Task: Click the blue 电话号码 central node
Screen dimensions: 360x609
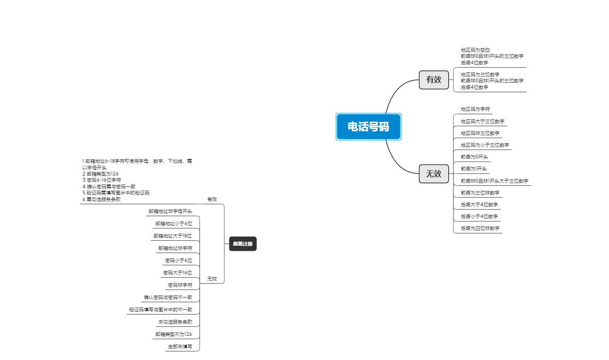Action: click(x=368, y=127)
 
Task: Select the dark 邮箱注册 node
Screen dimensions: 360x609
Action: click(x=243, y=244)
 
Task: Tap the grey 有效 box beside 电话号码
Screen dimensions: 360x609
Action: click(x=434, y=80)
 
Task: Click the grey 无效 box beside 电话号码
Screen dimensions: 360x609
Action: click(x=434, y=174)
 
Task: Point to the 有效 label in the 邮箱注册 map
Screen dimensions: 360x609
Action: click(x=212, y=200)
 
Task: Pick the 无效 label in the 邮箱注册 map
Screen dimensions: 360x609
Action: click(x=212, y=279)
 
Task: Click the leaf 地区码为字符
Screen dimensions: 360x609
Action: click(x=475, y=109)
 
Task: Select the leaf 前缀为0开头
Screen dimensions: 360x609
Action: click(x=474, y=157)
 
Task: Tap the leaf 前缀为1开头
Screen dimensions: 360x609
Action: click(x=474, y=169)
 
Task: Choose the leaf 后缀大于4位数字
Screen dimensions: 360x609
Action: click(x=479, y=205)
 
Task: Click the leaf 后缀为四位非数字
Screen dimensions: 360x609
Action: click(x=480, y=228)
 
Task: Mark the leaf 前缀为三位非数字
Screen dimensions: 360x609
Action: click(x=480, y=193)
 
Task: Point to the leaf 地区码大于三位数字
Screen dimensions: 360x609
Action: click(x=483, y=122)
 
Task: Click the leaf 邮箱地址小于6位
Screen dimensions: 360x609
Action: click(x=174, y=223)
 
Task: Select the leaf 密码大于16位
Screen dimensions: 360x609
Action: click(x=178, y=273)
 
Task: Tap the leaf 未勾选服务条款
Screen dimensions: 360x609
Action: click(x=175, y=322)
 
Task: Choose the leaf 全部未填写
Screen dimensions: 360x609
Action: click(x=180, y=347)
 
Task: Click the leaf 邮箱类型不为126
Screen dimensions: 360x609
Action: click(x=174, y=334)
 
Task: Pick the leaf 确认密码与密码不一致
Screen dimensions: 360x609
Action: click(x=168, y=298)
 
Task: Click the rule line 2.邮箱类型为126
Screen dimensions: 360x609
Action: click(x=100, y=174)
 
